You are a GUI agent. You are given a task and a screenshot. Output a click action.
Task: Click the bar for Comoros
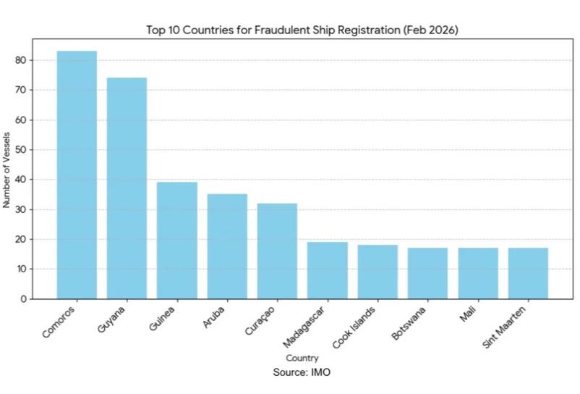[77, 175]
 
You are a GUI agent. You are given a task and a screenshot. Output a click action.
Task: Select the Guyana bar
[127, 188]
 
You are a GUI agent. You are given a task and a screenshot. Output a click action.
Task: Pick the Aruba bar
[227, 246]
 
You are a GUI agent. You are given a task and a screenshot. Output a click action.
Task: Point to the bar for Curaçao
[277, 251]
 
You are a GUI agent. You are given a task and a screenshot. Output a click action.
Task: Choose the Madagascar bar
[328, 270]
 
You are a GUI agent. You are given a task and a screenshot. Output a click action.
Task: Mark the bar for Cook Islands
[378, 272]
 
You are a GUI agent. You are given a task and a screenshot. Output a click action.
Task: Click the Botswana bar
[427, 273]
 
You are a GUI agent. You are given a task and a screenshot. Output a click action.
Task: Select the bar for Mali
[478, 273]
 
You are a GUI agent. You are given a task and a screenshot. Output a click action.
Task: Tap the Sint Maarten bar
[528, 273]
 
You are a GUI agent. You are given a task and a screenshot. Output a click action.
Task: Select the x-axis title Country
[302, 358]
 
